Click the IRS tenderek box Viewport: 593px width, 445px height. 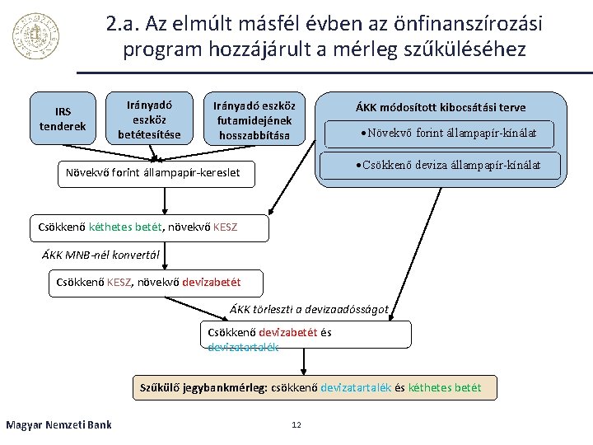63,119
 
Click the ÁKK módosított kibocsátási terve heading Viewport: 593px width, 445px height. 440,108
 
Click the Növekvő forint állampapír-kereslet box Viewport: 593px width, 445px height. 159,173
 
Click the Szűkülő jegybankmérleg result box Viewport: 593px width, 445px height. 315,386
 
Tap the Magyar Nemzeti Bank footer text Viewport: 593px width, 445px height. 58,424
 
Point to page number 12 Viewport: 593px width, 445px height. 296,424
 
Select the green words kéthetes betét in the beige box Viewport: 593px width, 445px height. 445,386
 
